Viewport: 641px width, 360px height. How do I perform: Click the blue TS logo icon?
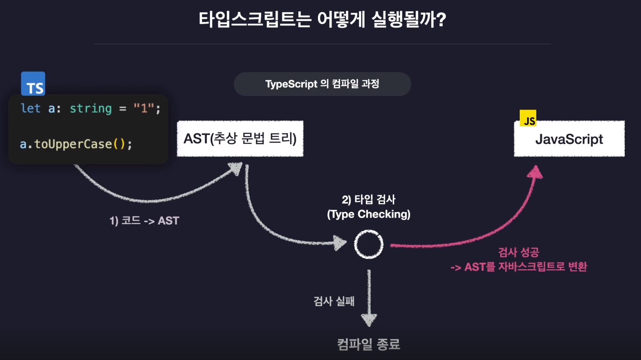point(33,84)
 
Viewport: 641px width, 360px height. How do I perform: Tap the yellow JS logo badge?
point(528,118)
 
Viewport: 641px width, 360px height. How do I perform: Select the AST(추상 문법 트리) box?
point(240,139)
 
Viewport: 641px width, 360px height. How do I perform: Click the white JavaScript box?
point(569,139)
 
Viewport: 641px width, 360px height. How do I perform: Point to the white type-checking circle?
point(369,244)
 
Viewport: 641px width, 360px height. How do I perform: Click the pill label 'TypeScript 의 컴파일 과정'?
point(322,84)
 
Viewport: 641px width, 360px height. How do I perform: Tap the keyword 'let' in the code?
point(31,108)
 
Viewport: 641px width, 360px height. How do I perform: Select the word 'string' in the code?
point(90,109)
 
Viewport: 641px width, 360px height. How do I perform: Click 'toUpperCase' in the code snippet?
point(73,144)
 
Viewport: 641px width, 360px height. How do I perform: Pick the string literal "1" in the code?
point(144,108)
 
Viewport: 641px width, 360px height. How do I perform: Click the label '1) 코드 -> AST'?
point(144,221)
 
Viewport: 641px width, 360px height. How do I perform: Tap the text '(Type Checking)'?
point(369,214)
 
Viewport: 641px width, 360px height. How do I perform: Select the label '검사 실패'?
point(334,301)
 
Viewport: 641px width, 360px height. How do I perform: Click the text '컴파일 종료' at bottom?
point(369,344)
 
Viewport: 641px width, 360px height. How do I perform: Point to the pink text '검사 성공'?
point(518,252)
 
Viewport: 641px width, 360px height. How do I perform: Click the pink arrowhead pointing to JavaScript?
point(535,173)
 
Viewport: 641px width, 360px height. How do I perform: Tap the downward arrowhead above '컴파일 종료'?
point(369,319)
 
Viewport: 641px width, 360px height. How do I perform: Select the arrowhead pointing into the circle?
point(340,243)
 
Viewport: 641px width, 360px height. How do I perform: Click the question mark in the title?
point(441,20)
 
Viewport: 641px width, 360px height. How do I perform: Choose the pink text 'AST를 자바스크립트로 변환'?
point(525,267)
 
